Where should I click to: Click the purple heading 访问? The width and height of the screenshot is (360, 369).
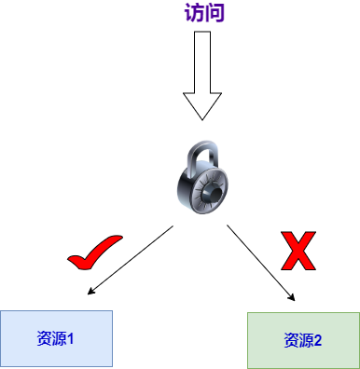pyautogui.click(x=204, y=13)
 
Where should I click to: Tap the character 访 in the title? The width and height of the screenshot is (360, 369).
pyautogui.click(x=194, y=13)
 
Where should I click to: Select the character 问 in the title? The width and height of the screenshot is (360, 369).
pyautogui.click(x=215, y=13)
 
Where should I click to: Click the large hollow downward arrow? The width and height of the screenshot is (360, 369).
pyautogui.click(x=202, y=75)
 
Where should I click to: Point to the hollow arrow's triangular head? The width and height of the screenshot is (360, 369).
pyautogui.click(x=202, y=104)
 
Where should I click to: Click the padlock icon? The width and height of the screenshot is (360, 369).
pyautogui.click(x=202, y=177)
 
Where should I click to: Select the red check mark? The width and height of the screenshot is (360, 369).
pyautogui.click(x=94, y=253)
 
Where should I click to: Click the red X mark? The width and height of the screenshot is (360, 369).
pyautogui.click(x=298, y=251)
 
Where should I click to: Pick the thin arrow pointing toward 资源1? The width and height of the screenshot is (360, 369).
pyautogui.click(x=131, y=260)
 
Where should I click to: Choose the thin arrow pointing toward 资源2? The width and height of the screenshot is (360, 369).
pyautogui.click(x=261, y=263)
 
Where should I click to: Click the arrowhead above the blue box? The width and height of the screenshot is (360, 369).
pyautogui.click(x=90, y=292)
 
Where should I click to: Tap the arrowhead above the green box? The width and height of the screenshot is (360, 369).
pyautogui.click(x=292, y=297)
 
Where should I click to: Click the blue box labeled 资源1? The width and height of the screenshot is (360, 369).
pyautogui.click(x=56, y=338)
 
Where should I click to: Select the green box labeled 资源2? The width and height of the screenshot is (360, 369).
pyautogui.click(x=303, y=340)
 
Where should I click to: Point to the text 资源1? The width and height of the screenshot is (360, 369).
pyautogui.click(x=55, y=338)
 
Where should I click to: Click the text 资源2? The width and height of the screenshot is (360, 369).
pyautogui.click(x=302, y=340)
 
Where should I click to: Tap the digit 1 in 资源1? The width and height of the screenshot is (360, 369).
pyautogui.click(x=71, y=338)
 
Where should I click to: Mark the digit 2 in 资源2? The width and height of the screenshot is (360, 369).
pyautogui.click(x=318, y=340)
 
